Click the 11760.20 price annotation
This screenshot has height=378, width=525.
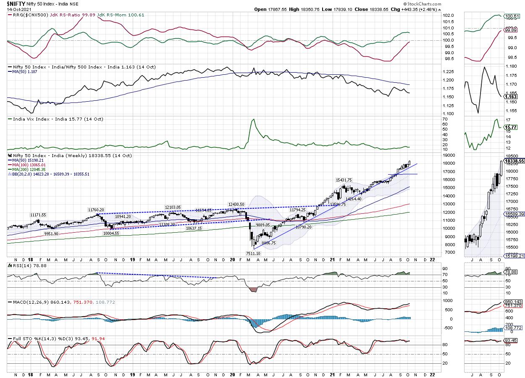click(96, 209)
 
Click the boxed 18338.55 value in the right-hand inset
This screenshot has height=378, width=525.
click(514, 161)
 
